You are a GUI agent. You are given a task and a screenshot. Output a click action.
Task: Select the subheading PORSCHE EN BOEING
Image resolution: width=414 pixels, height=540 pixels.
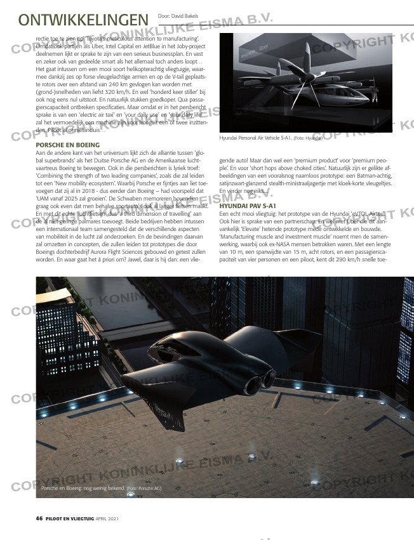click(68, 145)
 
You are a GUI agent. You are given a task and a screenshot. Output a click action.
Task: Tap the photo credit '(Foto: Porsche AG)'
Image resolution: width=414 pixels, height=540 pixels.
click(145, 489)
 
